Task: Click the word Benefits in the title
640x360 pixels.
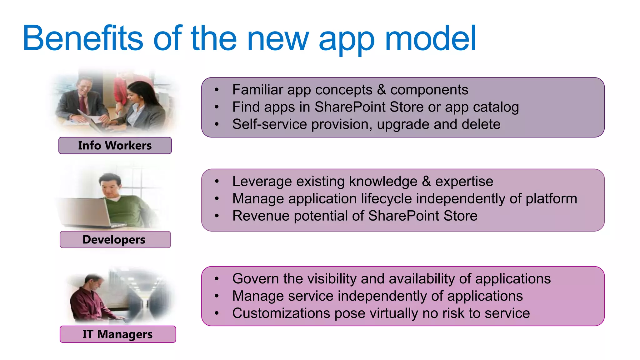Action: tap(83, 38)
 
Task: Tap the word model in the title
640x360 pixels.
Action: tap(430, 38)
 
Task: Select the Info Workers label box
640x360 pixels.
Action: tap(115, 146)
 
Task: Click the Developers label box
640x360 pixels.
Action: tap(115, 240)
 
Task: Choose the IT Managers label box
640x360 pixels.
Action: tap(117, 334)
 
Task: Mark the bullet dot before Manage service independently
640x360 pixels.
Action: tap(217, 296)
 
